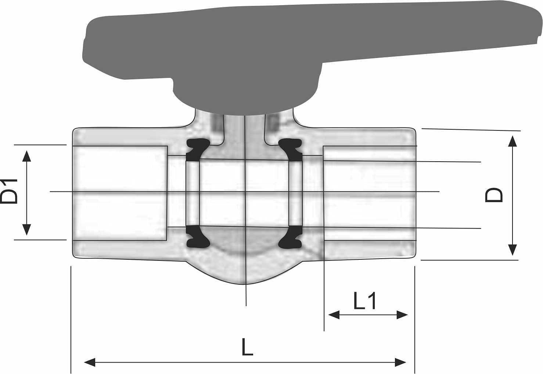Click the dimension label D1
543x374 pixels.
10,191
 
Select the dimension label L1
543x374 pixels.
364,301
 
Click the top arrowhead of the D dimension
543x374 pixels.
512,140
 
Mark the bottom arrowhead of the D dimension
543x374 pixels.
512,251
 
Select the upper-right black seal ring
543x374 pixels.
291,149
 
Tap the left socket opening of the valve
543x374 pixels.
120,193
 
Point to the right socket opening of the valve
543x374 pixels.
369,193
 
